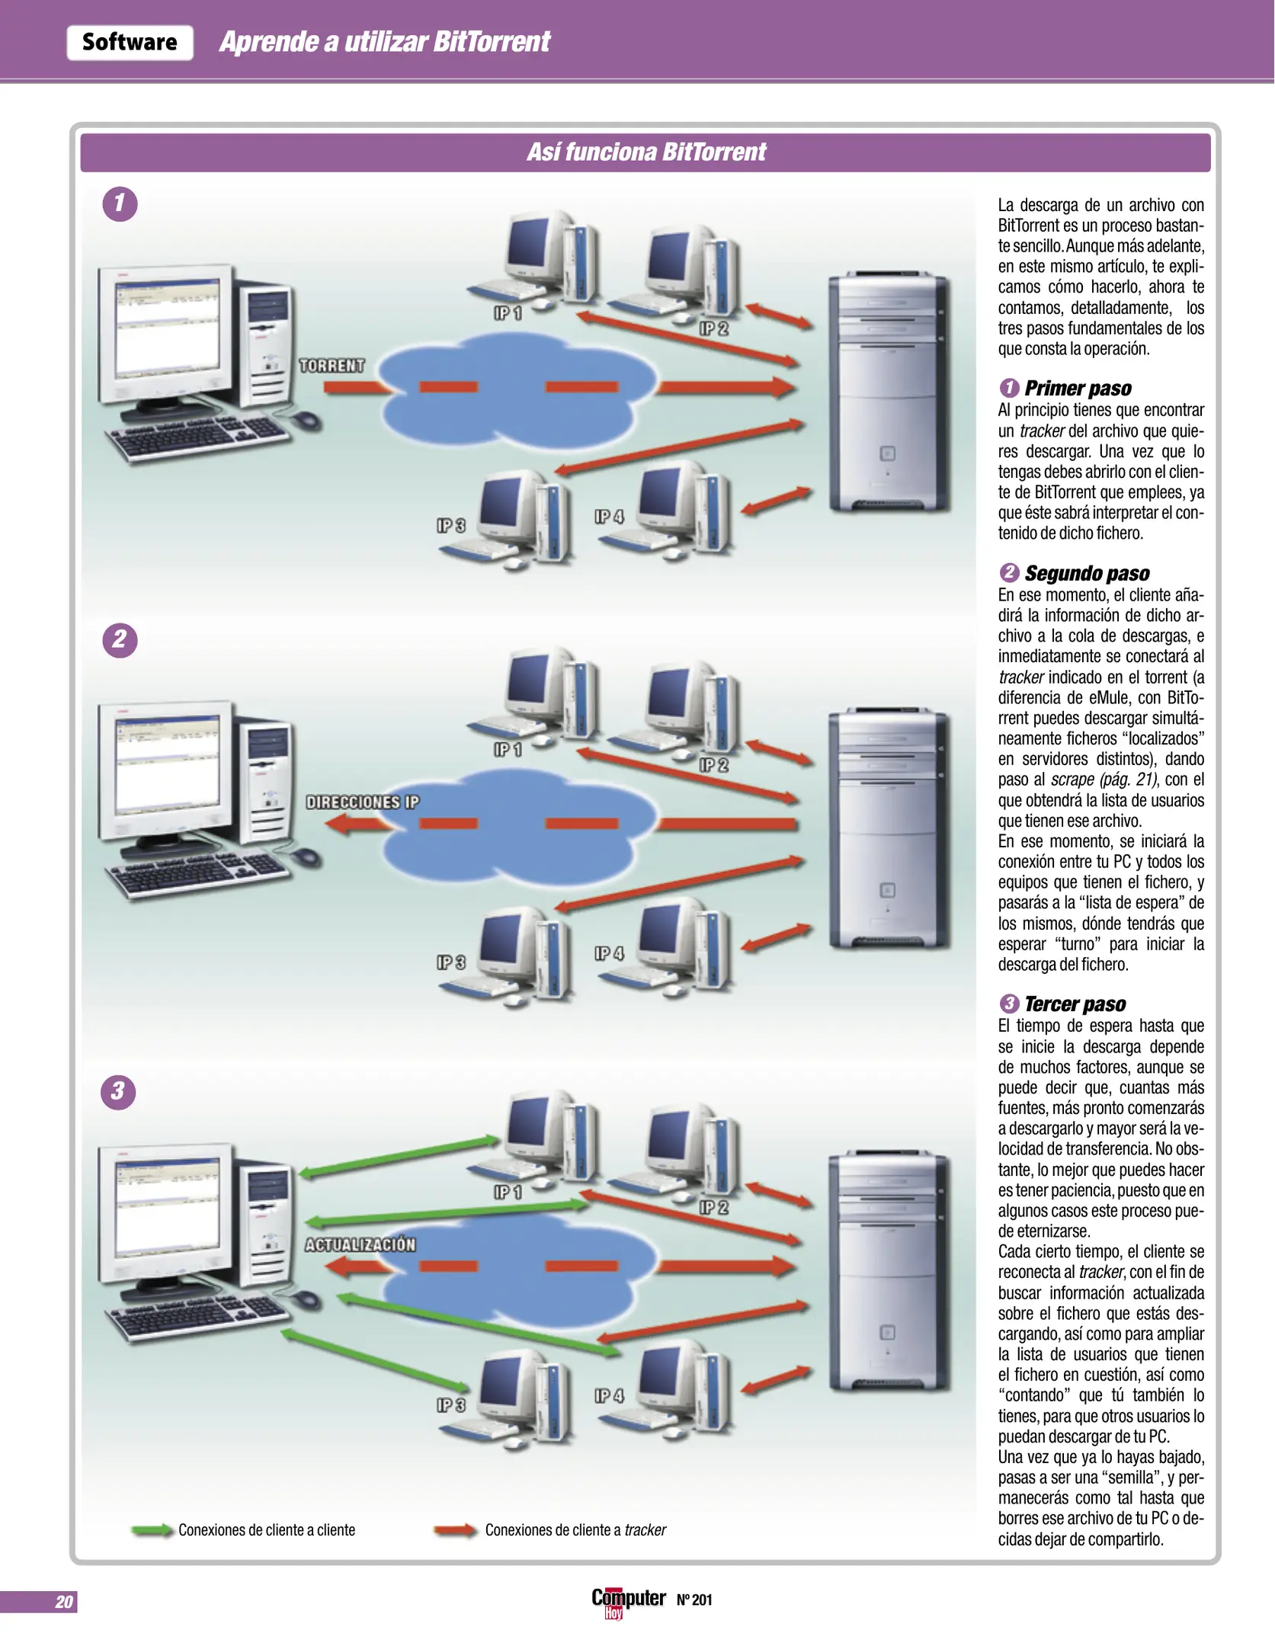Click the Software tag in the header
pyautogui.click(x=130, y=43)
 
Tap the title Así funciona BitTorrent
pyautogui.click(x=646, y=152)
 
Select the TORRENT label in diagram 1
pyautogui.click(x=332, y=366)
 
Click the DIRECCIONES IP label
pyautogui.click(x=362, y=802)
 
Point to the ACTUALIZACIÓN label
pyautogui.click(x=360, y=1244)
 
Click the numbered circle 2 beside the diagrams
pyautogui.click(x=120, y=639)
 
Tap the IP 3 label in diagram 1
pyautogui.click(x=450, y=526)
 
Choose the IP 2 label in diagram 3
pyautogui.click(x=714, y=1207)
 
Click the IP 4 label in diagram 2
pyautogui.click(x=609, y=953)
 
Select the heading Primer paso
pyautogui.click(x=1077, y=389)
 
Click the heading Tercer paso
pyautogui.click(x=1074, y=1004)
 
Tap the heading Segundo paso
pyautogui.click(x=1086, y=573)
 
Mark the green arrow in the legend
pyautogui.click(x=152, y=1530)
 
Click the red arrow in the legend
pyautogui.click(x=456, y=1530)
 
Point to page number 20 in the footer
pyautogui.click(x=64, y=1602)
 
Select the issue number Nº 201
pyautogui.click(x=694, y=1600)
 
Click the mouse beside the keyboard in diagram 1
pyautogui.click(x=306, y=420)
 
